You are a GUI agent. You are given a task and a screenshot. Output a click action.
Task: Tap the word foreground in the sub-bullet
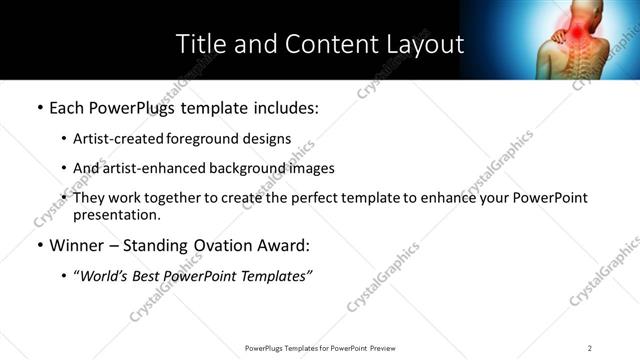(x=205, y=139)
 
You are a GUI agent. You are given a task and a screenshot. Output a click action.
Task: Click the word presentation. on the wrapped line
(x=116, y=215)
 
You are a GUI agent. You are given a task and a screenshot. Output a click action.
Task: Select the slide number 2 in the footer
(x=590, y=348)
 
